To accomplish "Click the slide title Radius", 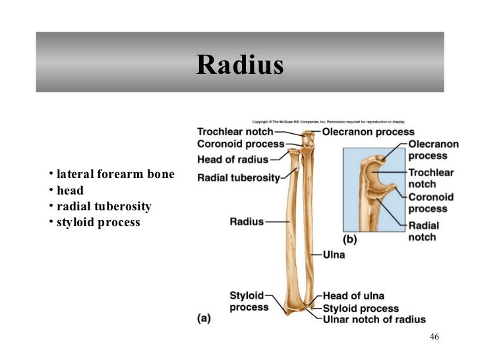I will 239,65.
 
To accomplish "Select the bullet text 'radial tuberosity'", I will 104,206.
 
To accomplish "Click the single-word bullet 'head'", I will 70,191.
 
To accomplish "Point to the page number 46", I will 433,337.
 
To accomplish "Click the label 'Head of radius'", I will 233,159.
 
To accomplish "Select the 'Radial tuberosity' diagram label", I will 238,177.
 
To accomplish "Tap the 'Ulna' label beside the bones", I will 334,253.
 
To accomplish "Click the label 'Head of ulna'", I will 353,296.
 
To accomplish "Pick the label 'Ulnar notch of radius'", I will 374,320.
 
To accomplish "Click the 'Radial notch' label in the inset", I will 423,231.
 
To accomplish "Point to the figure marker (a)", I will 204,317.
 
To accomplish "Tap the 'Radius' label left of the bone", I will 246,222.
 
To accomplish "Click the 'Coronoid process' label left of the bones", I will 240,144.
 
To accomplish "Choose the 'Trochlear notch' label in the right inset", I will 431,177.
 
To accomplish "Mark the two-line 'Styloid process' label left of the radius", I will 249,301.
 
